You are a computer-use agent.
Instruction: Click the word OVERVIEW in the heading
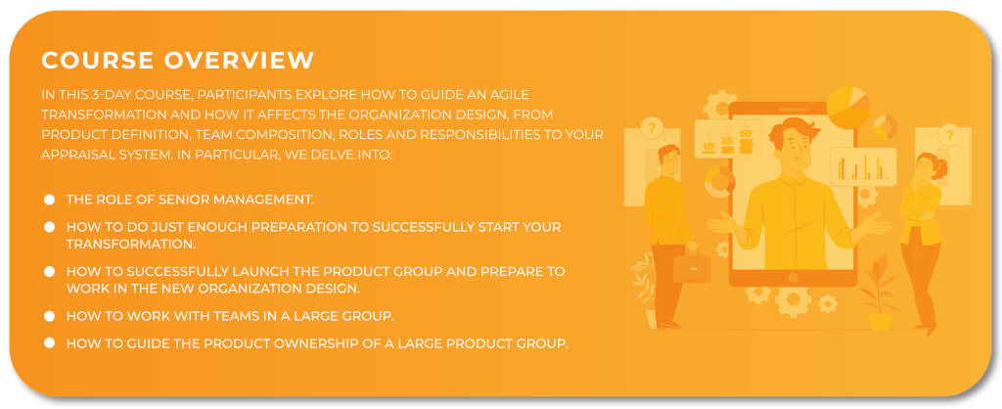239,60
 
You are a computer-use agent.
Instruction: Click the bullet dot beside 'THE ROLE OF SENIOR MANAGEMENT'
49,200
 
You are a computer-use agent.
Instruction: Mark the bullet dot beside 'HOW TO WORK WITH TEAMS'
49,316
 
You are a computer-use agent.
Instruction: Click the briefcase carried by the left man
691,266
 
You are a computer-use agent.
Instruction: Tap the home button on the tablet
793,277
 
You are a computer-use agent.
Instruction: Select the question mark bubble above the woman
949,135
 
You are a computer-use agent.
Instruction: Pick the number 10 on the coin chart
708,147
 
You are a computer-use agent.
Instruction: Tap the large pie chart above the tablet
848,108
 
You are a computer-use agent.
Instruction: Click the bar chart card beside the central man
863,166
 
